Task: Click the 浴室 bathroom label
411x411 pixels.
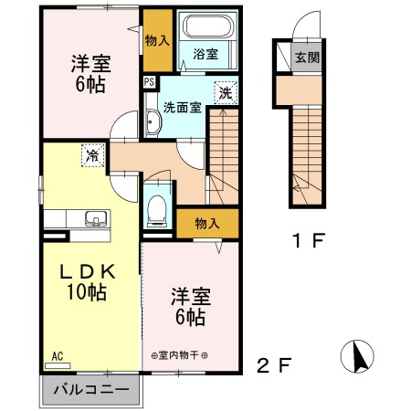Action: (205, 55)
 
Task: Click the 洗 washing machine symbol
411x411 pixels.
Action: (225, 92)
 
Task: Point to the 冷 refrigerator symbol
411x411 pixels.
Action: (92, 155)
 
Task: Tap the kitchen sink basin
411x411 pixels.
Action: (93, 219)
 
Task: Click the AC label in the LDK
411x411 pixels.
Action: (56, 355)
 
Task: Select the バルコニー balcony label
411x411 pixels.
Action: (90, 390)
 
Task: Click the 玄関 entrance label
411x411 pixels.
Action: (306, 58)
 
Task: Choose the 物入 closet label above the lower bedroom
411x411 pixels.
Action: (206, 223)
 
